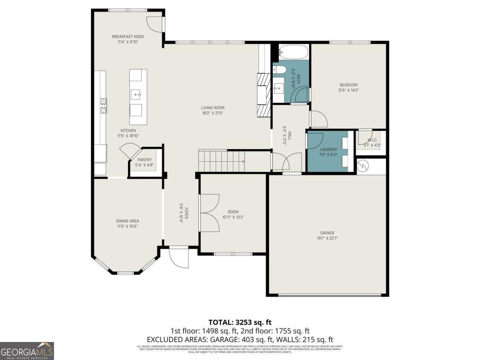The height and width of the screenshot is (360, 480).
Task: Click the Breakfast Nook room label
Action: [128, 37]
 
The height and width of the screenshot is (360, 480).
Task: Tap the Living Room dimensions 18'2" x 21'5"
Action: [212, 113]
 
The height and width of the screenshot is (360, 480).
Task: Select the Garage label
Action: [327, 233]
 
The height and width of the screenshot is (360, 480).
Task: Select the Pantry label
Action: [144, 160]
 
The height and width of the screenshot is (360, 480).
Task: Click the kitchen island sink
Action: [138, 95]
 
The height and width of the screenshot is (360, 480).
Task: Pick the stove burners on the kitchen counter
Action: [103, 105]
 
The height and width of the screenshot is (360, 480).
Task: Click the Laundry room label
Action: [328, 150]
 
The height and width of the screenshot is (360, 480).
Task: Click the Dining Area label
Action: [127, 221]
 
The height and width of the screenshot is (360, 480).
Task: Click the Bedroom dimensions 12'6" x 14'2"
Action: [348, 90]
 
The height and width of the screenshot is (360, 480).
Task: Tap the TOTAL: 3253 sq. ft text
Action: [240, 322]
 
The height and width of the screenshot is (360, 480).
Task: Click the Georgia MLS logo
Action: [27, 351]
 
